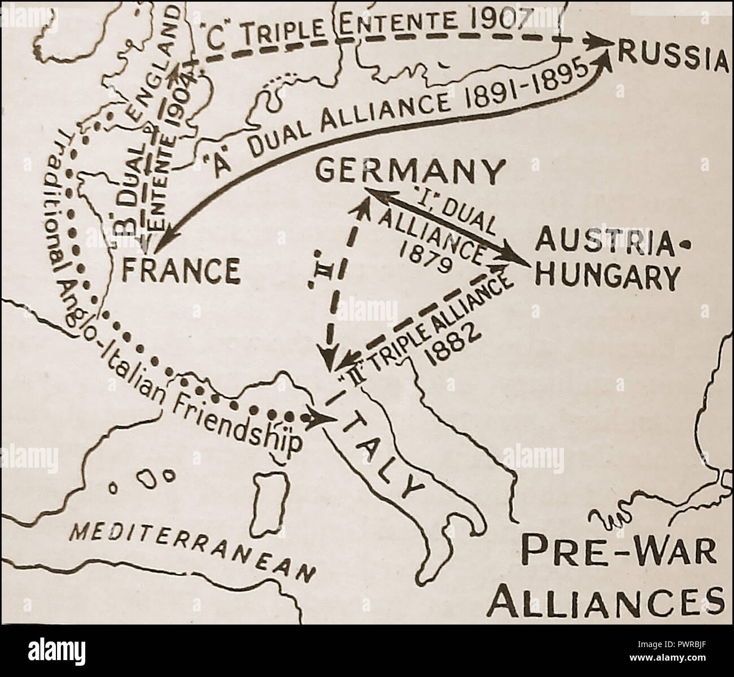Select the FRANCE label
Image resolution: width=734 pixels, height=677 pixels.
tap(181, 270)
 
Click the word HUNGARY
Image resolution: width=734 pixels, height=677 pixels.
tap(607, 276)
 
